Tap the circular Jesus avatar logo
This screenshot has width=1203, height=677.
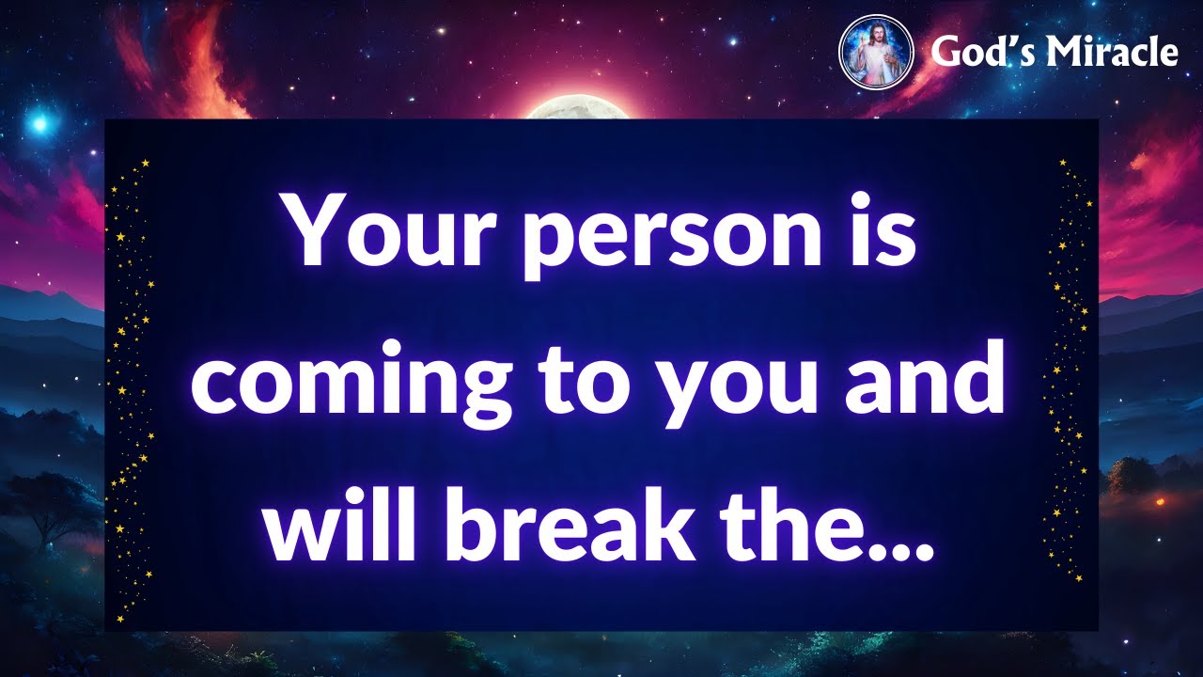coord(875,53)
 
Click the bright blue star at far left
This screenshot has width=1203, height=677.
coord(39,122)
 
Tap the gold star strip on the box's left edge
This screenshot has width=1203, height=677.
coord(131,386)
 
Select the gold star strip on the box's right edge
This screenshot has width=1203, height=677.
coord(1070,376)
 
